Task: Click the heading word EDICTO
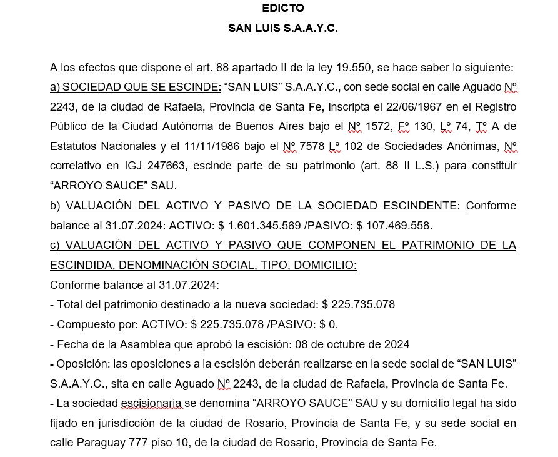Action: click(x=283, y=8)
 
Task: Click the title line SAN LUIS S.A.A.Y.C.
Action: click(x=283, y=28)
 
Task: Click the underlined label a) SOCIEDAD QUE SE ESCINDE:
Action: click(x=136, y=87)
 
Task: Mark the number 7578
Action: click(x=313, y=147)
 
